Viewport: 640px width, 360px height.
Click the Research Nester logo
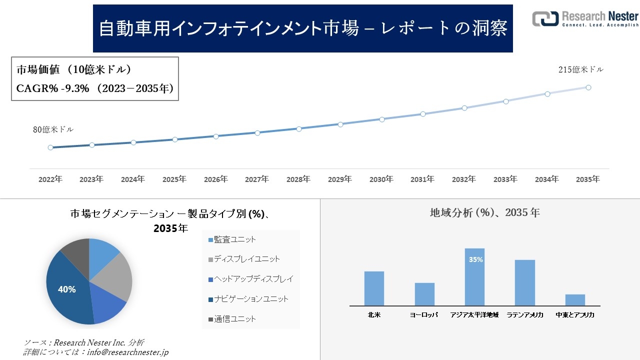pyautogui.click(x=585, y=19)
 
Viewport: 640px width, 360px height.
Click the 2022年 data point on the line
pyautogui.click(x=50, y=147)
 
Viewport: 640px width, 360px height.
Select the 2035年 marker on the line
pyautogui.click(x=588, y=87)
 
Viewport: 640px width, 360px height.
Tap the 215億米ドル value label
pyautogui.click(x=580, y=70)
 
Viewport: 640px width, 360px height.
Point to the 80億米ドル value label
pyautogui.click(x=53, y=129)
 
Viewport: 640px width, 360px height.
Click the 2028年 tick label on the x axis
pyautogui.click(x=298, y=179)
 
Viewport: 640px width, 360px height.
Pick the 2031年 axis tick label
pyautogui.click(x=422, y=179)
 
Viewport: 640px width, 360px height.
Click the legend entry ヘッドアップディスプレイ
pyautogui.click(x=250, y=279)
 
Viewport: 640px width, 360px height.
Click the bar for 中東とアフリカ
pyautogui.click(x=575, y=300)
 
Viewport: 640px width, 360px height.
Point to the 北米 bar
pyautogui.click(x=374, y=288)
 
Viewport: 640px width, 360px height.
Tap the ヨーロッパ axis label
pyautogui.click(x=424, y=315)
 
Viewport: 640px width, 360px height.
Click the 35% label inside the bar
pyautogui.click(x=475, y=260)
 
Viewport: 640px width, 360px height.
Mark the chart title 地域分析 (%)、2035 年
pyautogui.click(x=485, y=212)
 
